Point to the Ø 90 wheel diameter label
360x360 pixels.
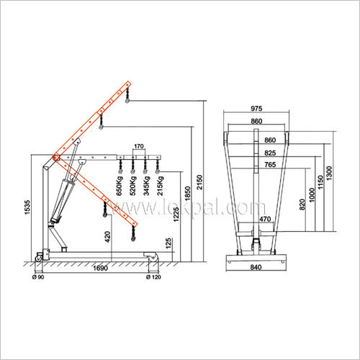(39, 276)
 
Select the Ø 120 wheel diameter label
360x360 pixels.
(153, 276)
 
